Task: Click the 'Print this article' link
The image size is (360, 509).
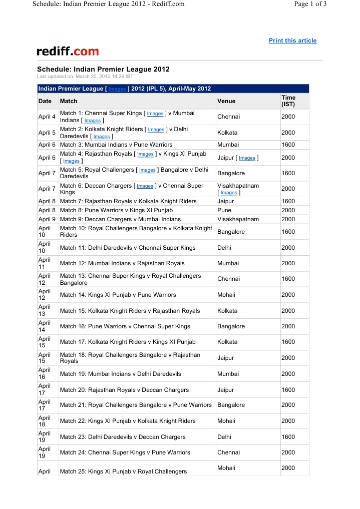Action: pos(292,41)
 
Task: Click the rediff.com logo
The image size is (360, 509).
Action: pos(68,51)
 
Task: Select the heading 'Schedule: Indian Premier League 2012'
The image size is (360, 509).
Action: pos(103,69)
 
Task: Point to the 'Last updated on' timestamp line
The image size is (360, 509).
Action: pos(85,77)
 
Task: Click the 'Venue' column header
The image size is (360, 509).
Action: pos(226,101)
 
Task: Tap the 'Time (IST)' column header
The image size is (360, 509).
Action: pos(288,101)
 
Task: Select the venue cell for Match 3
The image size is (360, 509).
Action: pos(229,145)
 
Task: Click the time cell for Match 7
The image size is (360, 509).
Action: pos(288,201)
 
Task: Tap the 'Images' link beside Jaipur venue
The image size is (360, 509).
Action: pos(247,158)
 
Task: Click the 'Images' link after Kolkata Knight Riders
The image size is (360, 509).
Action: pos(156,130)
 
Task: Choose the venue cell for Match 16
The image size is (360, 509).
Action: pos(231,326)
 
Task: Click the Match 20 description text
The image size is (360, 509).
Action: pos(124,390)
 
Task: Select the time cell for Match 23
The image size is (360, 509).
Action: pos(288,437)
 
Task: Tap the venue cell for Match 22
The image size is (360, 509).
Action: pos(226,421)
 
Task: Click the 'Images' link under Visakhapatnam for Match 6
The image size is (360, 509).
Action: pos(229,193)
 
